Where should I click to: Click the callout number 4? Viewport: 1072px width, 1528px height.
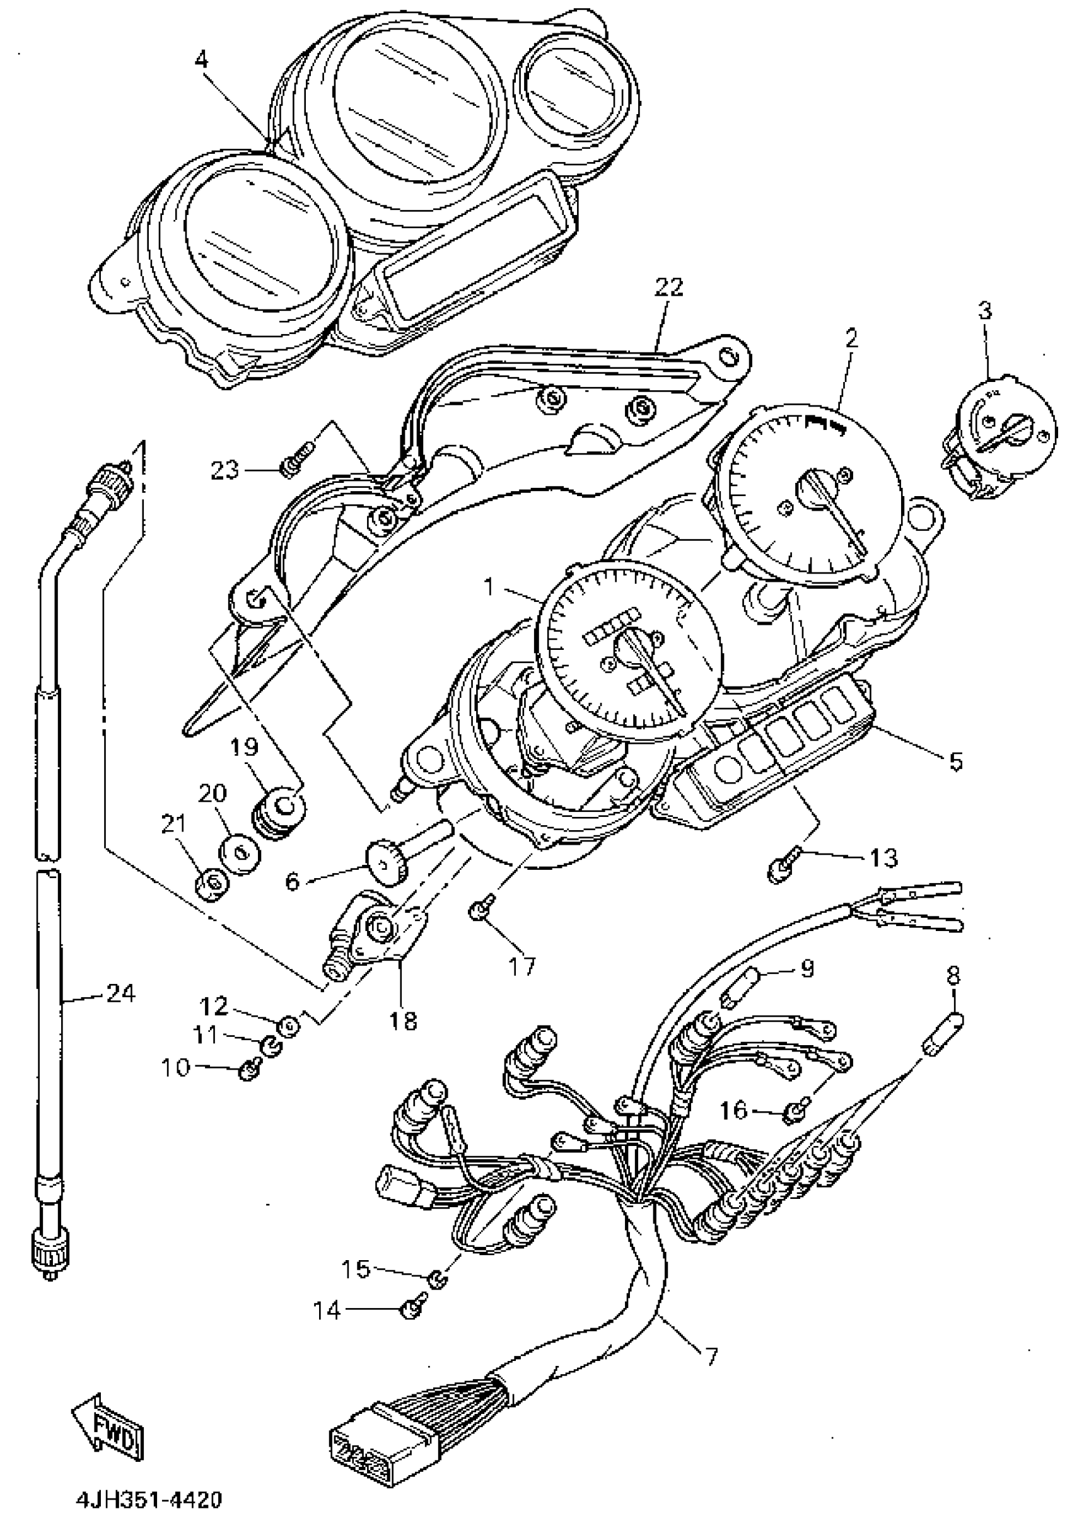(x=201, y=60)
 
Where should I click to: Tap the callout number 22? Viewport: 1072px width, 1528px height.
(x=668, y=287)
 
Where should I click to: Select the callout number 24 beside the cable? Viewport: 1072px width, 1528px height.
(x=120, y=994)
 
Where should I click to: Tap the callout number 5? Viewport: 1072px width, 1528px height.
(x=955, y=761)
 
